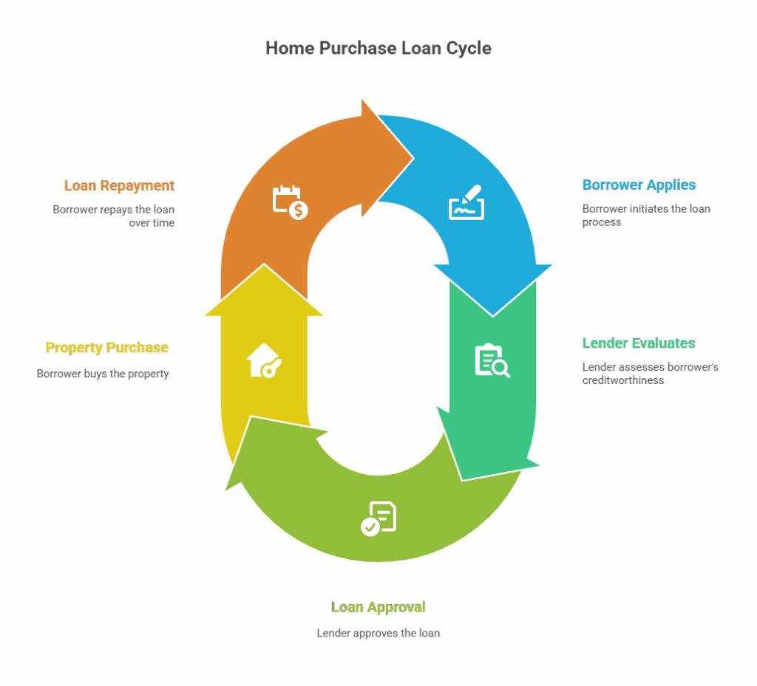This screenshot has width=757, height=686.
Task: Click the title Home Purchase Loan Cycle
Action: tap(378, 49)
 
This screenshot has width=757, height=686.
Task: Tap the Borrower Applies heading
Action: tap(639, 185)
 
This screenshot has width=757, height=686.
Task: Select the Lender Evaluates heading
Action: tap(639, 343)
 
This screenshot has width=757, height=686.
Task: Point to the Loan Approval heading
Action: tap(378, 607)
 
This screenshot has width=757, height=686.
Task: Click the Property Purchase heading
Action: tap(107, 348)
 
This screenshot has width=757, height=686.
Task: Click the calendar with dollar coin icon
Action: tap(291, 202)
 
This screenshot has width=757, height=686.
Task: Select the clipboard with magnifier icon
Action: tap(492, 361)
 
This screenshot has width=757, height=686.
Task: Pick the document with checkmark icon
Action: tap(378, 518)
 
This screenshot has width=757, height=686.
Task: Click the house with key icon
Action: tap(264, 361)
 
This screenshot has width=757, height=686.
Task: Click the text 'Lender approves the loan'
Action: tap(378, 633)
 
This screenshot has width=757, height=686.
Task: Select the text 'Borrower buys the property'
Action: tap(103, 374)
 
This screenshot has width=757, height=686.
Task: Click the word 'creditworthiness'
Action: tap(622, 381)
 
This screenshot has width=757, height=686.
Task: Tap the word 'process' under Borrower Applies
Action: tap(601, 222)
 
